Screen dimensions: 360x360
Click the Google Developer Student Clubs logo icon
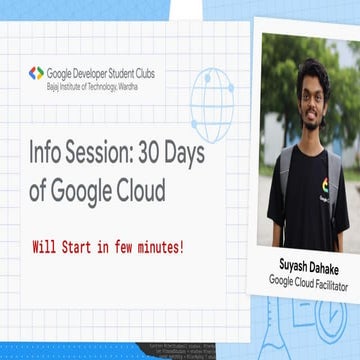[x=36, y=73]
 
